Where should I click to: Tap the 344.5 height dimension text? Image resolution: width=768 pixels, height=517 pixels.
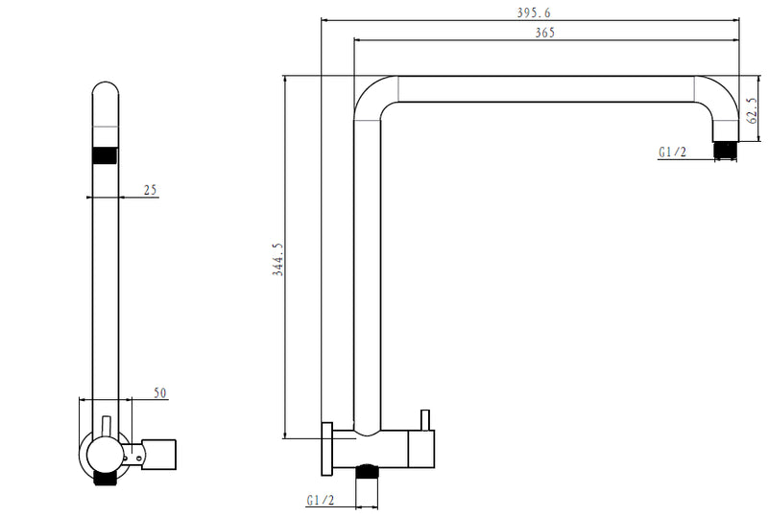[x=277, y=259]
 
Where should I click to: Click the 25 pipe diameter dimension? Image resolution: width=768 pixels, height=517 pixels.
[x=150, y=190]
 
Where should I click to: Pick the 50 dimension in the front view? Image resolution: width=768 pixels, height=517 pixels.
[x=160, y=393]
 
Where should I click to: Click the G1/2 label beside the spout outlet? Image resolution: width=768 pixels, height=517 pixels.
[x=672, y=152]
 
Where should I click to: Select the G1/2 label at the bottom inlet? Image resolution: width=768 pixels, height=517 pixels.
[x=320, y=500]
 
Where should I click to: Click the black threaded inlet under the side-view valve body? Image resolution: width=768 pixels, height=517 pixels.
[x=367, y=470]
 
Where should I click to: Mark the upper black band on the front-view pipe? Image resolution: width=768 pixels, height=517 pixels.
[x=106, y=155]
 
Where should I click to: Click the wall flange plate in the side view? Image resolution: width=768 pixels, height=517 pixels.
[x=327, y=447]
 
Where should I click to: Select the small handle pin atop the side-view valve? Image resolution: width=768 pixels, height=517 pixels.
[x=422, y=420]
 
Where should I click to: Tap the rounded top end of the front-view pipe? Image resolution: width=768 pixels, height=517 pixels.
[x=106, y=93]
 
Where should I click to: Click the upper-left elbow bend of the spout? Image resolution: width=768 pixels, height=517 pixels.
[x=372, y=96]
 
